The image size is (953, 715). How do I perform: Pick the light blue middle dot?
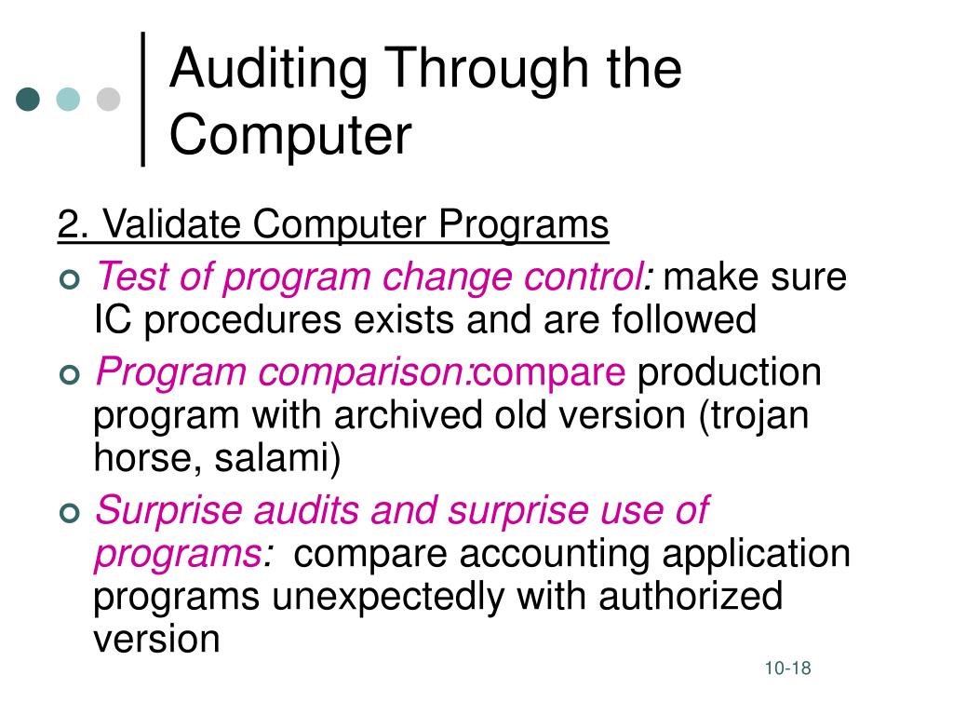[x=69, y=100]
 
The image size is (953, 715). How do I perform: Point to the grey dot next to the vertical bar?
[x=109, y=100]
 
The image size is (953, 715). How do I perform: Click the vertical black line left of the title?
[x=143, y=99]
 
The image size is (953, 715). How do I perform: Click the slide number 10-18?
[x=788, y=668]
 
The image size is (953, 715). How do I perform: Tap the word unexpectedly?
[x=389, y=596]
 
